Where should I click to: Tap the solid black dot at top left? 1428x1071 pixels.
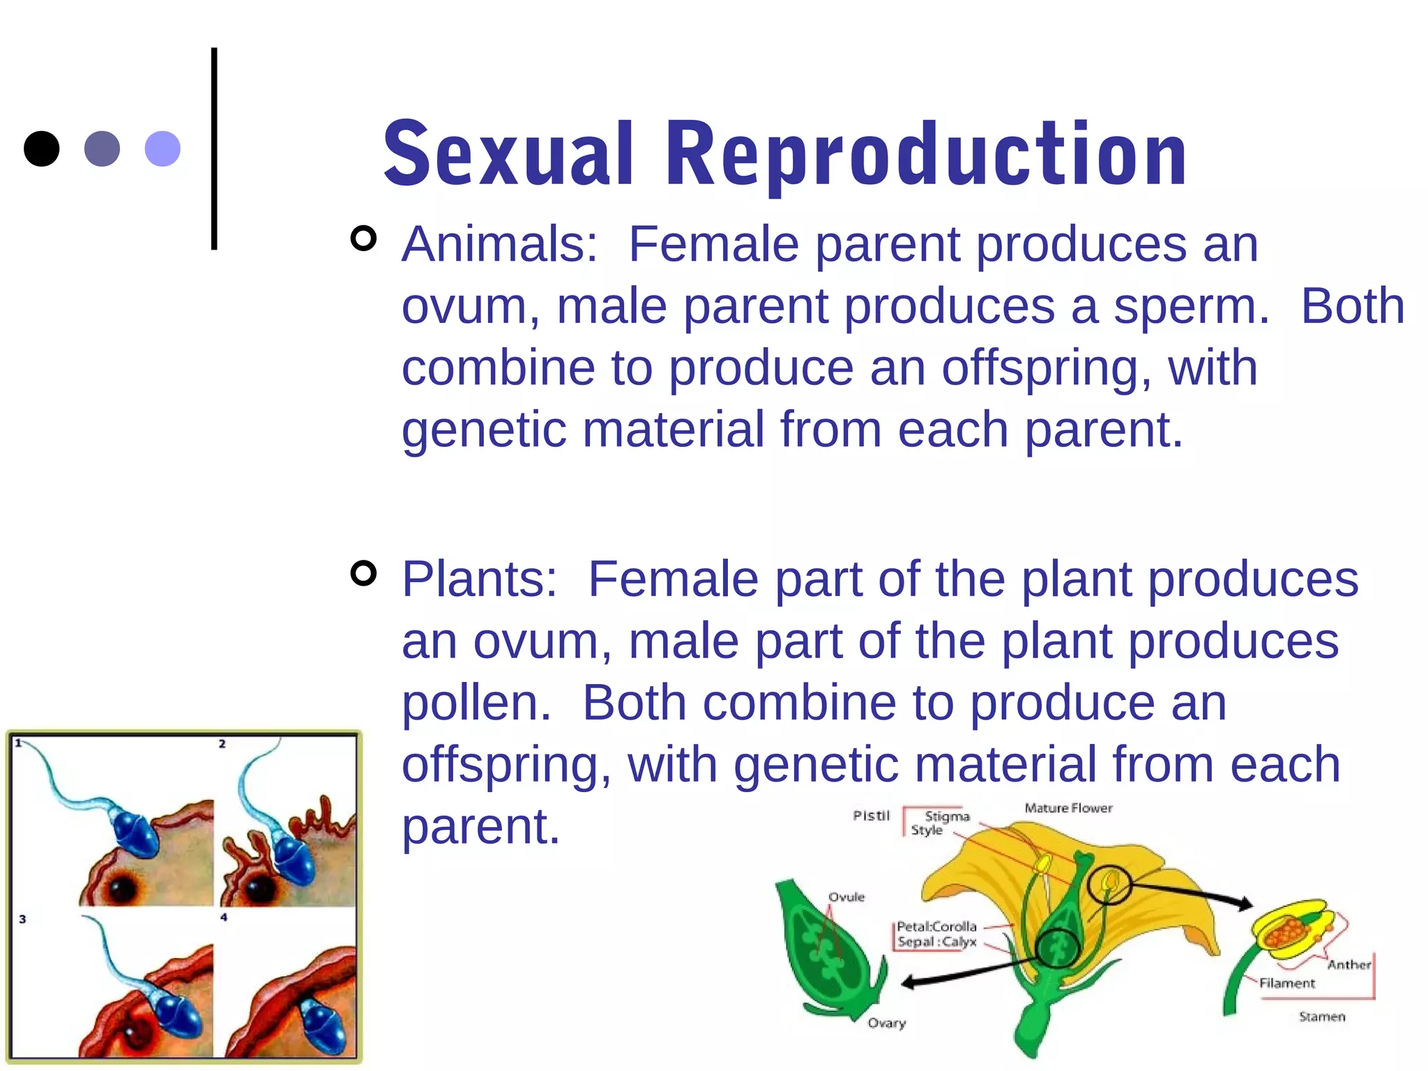pos(42,149)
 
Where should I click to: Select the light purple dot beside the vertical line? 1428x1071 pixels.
pos(162,149)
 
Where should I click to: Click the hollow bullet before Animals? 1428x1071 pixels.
pos(363,239)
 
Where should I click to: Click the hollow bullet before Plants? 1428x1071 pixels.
pos(363,574)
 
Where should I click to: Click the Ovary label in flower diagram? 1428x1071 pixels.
pos(886,1023)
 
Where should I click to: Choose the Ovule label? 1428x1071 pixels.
pos(846,897)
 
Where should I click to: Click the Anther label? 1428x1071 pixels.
pos(1349,964)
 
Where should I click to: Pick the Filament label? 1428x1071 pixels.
pos(1286,983)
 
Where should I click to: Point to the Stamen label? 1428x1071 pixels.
pos(1321,1017)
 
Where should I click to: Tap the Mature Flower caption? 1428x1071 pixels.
pos(1068,808)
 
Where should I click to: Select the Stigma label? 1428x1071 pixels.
pos(947,816)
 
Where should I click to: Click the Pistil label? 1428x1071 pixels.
pos(871,815)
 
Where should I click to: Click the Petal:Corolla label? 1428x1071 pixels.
pos(936,927)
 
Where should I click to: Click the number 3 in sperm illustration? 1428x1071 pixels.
pos(22,919)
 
